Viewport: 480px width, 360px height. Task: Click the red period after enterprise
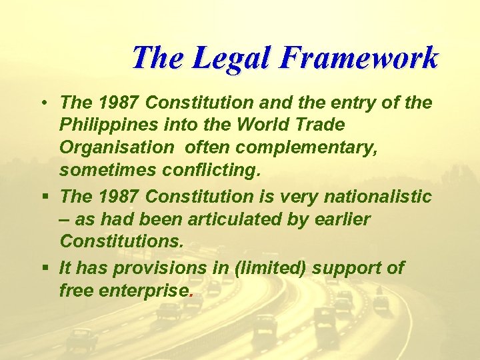(x=191, y=294)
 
